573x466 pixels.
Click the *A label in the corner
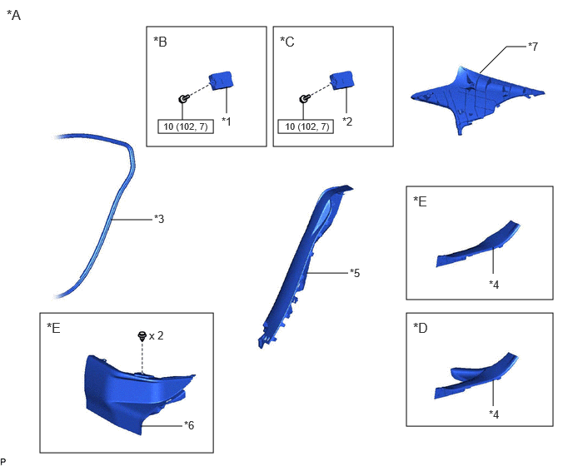[x=14, y=15]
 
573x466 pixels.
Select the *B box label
[x=160, y=42]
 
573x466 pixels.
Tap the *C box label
[x=287, y=42]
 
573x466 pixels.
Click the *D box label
[x=421, y=328]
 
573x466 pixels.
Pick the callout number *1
[x=227, y=121]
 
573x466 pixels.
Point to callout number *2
[x=347, y=121]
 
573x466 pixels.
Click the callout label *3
[x=159, y=219]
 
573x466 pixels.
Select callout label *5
[x=355, y=273]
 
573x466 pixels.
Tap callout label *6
[x=189, y=425]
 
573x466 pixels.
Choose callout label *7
[x=533, y=47]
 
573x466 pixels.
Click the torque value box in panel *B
[x=186, y=126]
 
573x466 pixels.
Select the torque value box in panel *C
[x=306, y=126]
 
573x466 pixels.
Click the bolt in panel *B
[x=183, y=98]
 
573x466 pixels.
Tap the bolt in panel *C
[x=304, y=98]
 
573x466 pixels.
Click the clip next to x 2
[x=142, y=336]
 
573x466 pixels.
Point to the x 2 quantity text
[x=157, y=335]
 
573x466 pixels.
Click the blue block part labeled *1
[x=221, y=81]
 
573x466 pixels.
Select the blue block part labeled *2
[x=342, y=81]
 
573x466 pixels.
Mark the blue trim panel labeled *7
[x=477, y=97]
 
